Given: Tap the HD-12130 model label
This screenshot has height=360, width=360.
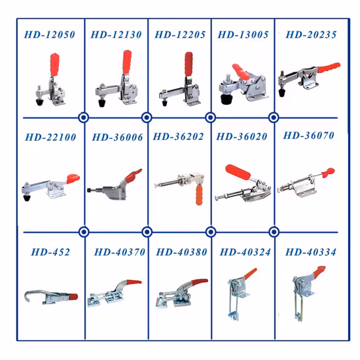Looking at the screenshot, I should click(116, 34).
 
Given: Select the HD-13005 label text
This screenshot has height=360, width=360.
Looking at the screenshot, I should click(242, 34).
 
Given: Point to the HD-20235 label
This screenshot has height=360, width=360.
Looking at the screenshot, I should click(306, 34).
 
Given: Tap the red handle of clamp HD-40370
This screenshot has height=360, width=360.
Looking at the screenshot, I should click(129, 283).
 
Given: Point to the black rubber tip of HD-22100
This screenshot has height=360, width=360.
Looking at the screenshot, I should click(27, 196).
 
